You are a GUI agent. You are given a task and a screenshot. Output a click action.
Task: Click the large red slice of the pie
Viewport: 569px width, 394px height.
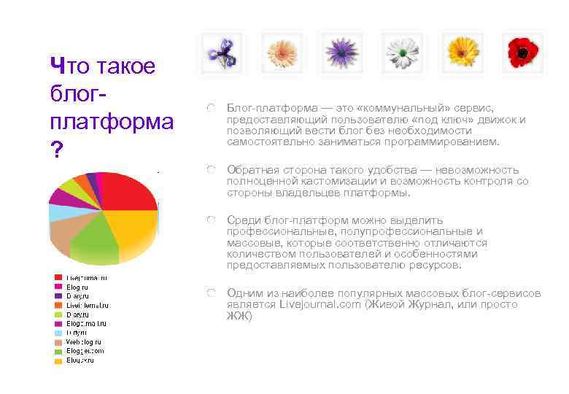tap(128, 191)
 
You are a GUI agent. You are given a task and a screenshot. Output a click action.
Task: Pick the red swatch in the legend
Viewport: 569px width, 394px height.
tap(57, 277)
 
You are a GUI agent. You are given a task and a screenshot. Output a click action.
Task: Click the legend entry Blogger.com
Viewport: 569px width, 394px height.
tap(85, 350)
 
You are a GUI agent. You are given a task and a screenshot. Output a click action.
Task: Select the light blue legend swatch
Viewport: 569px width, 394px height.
tap(57, 332)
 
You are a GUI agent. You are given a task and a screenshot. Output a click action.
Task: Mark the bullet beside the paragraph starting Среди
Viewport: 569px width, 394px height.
tap(211, 220)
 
